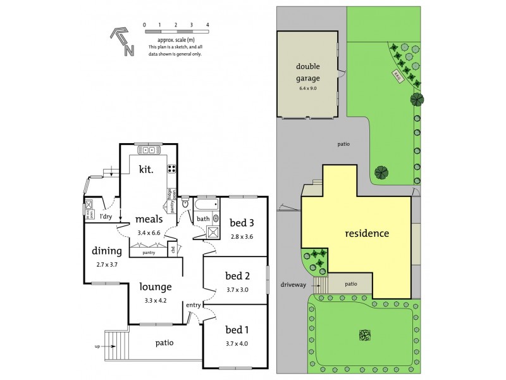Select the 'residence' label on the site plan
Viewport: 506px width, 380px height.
pyautogui.click(x=366, y=233)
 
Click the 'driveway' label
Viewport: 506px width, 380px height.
pyautogui.click(x=293, y=285)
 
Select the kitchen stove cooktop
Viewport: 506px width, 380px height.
pyautogui.click(x=171, y=168)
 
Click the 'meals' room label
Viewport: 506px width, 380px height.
pyautogui.click(x=149, y=219)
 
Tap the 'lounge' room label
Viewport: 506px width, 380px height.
pyautogui.click(x=156, y=287)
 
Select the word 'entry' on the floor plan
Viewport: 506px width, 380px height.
pyautogui.click(x=194, y=306)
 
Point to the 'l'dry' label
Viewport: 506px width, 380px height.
pyautogui.click(x=106, y=217)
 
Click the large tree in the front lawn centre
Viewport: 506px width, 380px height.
pyautogui.click(x=364, y=334)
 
